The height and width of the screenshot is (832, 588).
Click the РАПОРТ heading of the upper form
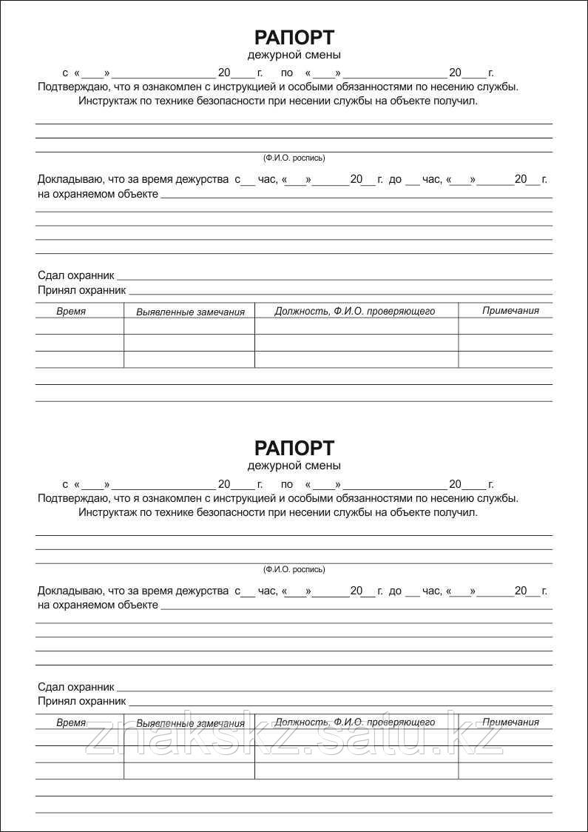(x=294, y=38)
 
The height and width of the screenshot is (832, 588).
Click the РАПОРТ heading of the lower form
(x=294, y=449)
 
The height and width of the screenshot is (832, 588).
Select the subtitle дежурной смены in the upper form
(x=294, y=55)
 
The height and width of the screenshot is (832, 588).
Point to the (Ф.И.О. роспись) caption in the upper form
(x=294, y=158)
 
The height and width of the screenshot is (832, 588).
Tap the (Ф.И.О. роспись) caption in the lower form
(x=294, y=569)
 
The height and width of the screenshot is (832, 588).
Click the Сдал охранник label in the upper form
(x=76, y=275)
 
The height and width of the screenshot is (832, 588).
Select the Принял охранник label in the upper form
(x=81, y=290)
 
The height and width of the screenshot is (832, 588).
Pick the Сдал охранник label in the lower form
(x=76, y=686)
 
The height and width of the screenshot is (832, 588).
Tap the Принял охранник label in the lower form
(x=81, y=701)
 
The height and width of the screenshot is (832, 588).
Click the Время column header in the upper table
(x=71, y=312)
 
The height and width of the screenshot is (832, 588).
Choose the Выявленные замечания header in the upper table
(x=190, y=312)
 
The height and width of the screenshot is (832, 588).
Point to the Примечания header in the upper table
(x=510, y=311)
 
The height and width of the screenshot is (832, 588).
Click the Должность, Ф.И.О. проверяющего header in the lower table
(x=354, y=722)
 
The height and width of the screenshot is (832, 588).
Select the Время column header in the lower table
(x=71, y=722)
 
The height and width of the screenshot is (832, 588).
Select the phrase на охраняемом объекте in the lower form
(x=98, y=605)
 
